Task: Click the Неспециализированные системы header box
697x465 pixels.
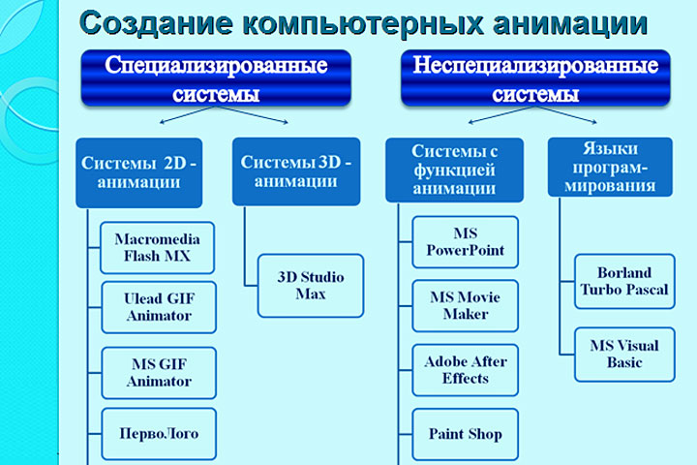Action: point(535,79)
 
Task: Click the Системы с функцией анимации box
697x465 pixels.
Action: point(454,169)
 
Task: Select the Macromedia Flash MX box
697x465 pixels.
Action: point(158,247)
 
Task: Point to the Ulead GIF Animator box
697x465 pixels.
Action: point(159,306)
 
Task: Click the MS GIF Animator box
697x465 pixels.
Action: point(159,372)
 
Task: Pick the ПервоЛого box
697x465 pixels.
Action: point(159,432)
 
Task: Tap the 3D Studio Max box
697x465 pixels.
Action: point(311,285)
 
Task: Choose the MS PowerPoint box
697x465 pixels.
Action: point(465,242)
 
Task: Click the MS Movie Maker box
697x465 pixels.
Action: point(465,305)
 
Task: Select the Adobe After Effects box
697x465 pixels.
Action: point(465,369)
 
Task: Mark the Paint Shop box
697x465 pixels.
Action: point(465,433)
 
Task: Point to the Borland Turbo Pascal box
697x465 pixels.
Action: point(623,281)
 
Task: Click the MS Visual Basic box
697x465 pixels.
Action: point(623,354)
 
